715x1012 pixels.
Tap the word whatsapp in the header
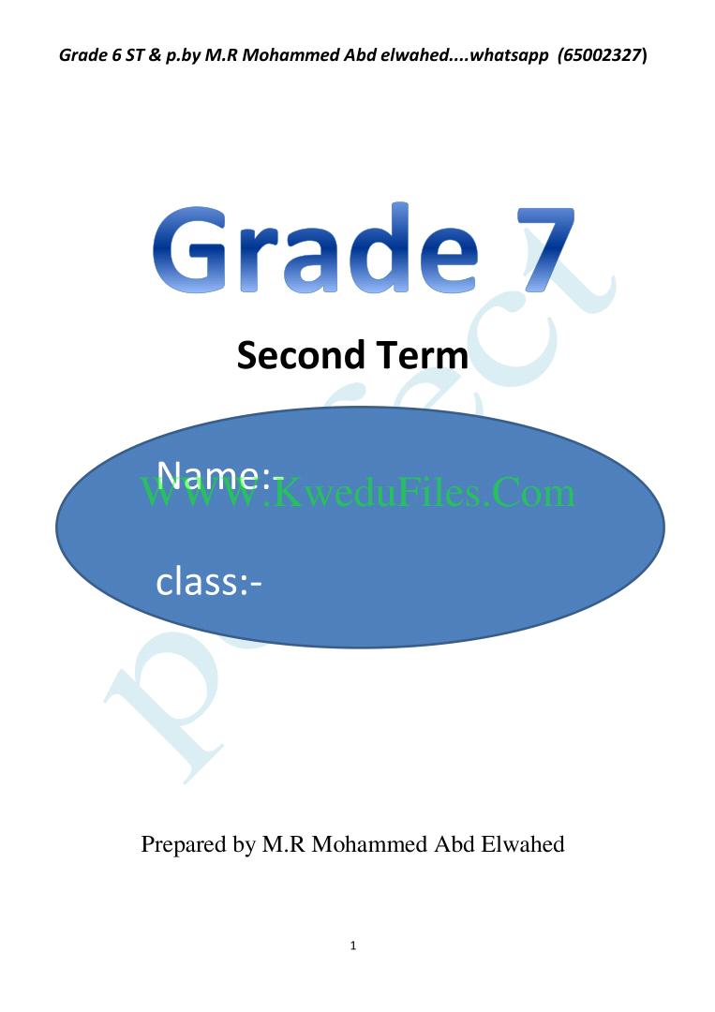(509, 56)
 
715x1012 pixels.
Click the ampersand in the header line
(155, 55)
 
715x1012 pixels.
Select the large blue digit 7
(545, 249)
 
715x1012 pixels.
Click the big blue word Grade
(316, 247)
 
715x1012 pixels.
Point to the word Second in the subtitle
(302, 355)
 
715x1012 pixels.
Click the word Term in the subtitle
(423, 355)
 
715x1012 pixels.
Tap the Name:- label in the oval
(220, 475)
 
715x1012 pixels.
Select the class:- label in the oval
(208, 581)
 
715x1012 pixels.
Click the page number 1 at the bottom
(353, 945)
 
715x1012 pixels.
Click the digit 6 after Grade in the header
(117, 55)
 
